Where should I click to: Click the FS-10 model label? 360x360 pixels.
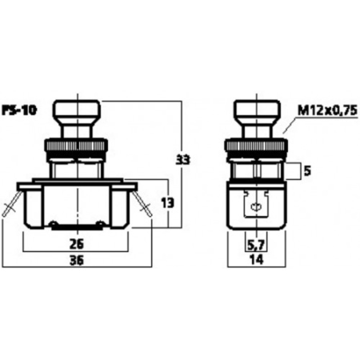click(x=19, y=110)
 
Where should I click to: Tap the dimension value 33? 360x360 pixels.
click(x=182, y=160)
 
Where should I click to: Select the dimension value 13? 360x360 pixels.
click(x=168, y=203)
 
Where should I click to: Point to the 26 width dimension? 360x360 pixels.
click(x=77, y=244)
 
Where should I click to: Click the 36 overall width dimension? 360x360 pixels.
click(x=77, y=260)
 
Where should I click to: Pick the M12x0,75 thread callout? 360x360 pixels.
click(x=327, y=110)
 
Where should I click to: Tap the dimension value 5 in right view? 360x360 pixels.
click(x=307, y=171)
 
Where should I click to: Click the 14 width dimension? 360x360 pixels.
click(x=257, y=259)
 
